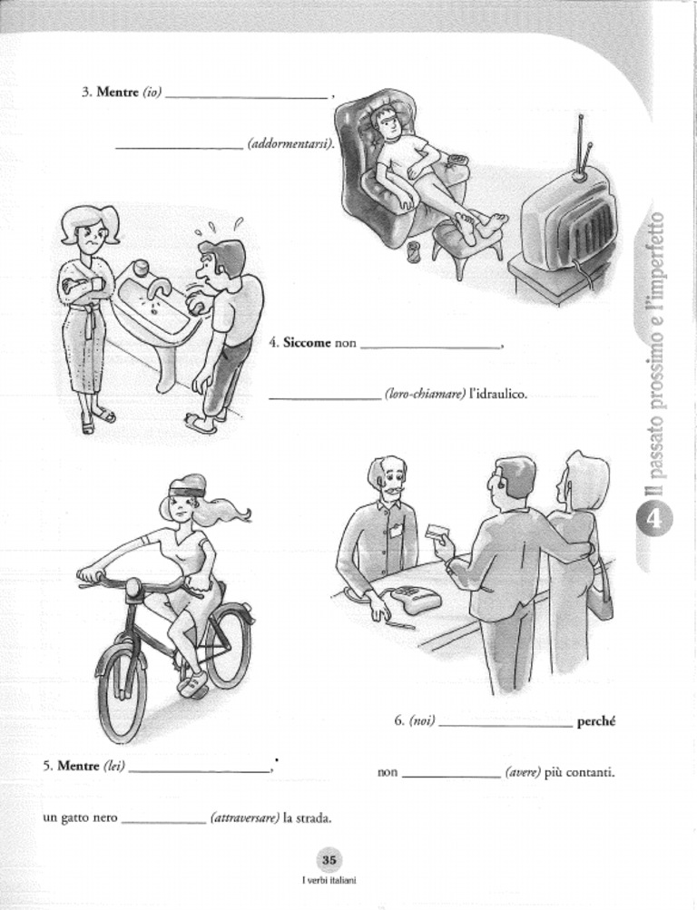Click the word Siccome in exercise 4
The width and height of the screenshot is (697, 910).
[x=307, y=344]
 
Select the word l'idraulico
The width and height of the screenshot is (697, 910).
[x=498, y=395]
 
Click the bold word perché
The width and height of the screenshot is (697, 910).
[x=596, y=722]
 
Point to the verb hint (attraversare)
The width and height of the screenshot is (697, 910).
[x=244, y=818]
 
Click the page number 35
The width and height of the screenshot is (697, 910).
[x=329, y=860]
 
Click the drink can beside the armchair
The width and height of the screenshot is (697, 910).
[x=415, y=250]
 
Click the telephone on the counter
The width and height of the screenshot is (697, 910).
[x=408, y=600]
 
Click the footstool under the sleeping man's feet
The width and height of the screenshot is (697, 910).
[x=463, y=242]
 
